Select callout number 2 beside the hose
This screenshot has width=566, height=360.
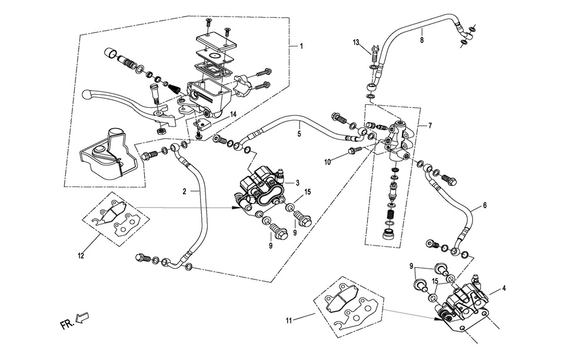(x=184, y=192)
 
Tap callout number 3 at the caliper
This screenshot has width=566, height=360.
(x=298, y=182)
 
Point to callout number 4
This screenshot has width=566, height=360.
(x=504, y=289)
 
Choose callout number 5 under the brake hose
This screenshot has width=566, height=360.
(x=299, y=134)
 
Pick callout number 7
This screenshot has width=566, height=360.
(x=430, y=126)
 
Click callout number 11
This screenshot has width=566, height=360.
(x=289, y=321)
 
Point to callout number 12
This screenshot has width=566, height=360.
(x=81, y=256)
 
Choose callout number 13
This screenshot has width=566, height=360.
(x=357, y=42)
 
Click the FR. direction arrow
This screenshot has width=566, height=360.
(x=76, y=321)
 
